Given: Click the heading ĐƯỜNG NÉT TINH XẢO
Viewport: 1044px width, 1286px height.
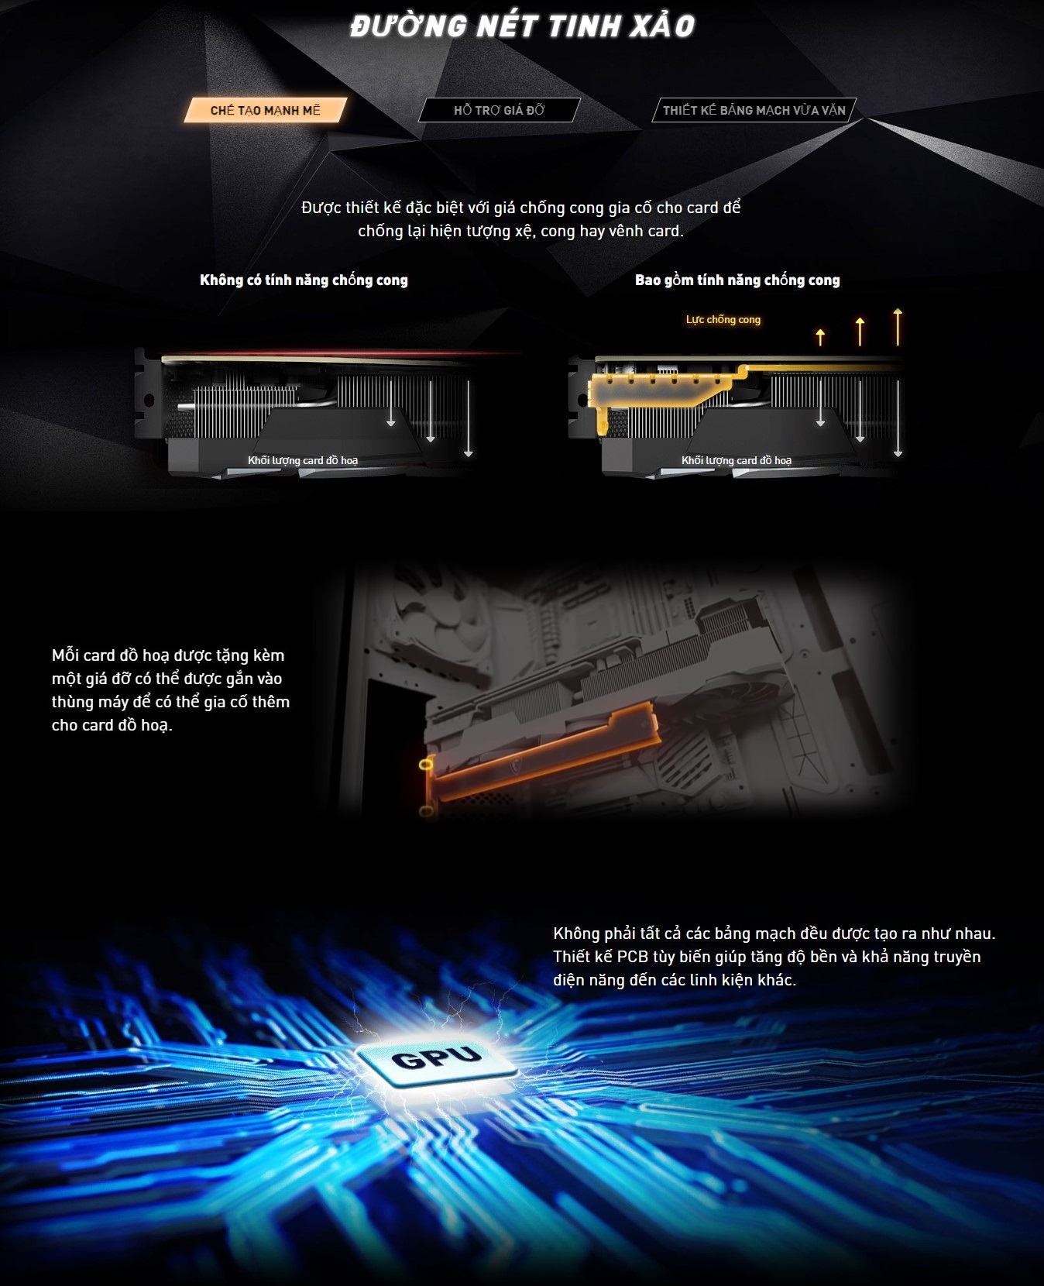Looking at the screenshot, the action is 522,26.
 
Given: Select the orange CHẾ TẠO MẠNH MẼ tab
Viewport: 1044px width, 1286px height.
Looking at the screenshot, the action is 266,110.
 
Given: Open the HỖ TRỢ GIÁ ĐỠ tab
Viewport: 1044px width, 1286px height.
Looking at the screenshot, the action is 500,110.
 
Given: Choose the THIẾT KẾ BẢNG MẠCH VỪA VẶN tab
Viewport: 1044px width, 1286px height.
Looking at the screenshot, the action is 754,110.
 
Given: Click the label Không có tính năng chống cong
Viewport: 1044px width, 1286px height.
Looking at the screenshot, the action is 304,280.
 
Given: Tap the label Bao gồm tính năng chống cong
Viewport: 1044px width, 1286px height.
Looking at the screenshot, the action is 737,280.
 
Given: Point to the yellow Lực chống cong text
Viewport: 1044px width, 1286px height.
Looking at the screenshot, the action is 723,319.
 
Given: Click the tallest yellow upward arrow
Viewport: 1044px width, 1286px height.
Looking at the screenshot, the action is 898,326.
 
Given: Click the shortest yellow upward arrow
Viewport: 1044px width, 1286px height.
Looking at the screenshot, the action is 820,336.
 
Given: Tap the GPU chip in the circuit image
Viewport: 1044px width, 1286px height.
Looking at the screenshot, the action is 436,1057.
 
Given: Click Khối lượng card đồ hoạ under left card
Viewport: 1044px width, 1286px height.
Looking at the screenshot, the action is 303,460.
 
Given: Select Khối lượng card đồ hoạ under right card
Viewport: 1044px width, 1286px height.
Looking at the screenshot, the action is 737,460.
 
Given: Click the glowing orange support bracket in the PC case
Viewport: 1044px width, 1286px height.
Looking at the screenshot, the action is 542,748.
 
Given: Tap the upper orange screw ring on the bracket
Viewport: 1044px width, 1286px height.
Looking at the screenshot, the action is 425,765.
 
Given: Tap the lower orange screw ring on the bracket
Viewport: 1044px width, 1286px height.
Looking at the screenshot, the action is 425,811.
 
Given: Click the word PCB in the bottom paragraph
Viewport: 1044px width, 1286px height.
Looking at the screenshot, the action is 633,957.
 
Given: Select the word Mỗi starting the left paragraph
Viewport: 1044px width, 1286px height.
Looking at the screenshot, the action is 66,655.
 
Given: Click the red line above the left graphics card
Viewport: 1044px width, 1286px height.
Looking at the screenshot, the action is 341,354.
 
